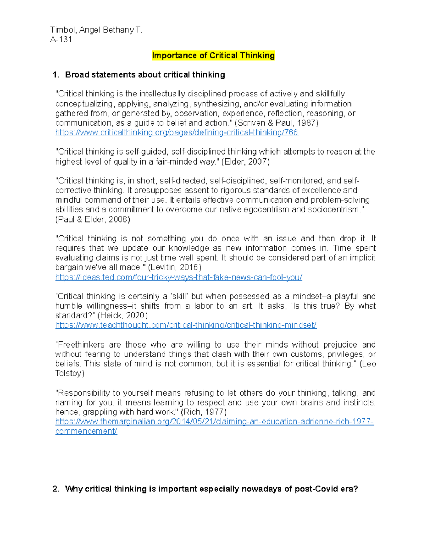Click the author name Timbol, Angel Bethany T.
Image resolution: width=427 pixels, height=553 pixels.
(96, 30)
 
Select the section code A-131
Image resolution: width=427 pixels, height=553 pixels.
(61, 40)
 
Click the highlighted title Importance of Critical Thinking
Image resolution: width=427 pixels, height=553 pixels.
(213, 56)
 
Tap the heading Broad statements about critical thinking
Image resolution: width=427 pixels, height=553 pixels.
(145, 75)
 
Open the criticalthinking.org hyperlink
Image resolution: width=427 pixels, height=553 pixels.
(176, 133)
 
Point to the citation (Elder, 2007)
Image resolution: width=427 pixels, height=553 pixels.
(246, 162)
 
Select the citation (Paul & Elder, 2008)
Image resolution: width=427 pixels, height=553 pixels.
(93, 219)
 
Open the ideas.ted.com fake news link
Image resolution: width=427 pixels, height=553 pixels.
(179, 277)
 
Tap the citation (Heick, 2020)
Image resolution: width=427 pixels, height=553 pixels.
(122, 315)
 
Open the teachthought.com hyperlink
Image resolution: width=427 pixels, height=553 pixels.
(186, 325)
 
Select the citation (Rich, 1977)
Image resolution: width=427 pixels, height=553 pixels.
(204, 412)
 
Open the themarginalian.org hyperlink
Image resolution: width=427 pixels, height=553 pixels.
(214, 422)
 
